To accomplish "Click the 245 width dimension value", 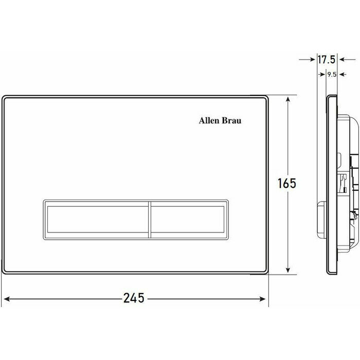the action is click(134, 298).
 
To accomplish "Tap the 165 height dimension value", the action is click(287, 183).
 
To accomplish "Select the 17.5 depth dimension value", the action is click(327, 60).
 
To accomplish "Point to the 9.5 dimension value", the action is click(332, 75).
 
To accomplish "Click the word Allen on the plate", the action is click(207, 120).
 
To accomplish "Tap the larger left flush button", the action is click(97, 220).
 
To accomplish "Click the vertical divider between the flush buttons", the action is click(150, 220).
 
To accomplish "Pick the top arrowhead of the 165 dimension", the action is click(288, 99).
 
